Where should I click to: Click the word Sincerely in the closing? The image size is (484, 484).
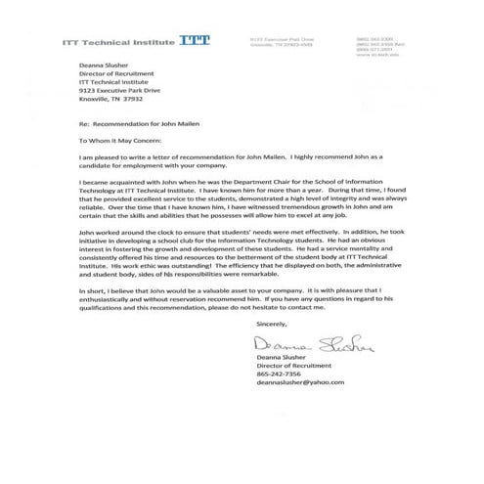click(271, 322)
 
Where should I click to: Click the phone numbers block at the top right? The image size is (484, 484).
click(374, 42)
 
